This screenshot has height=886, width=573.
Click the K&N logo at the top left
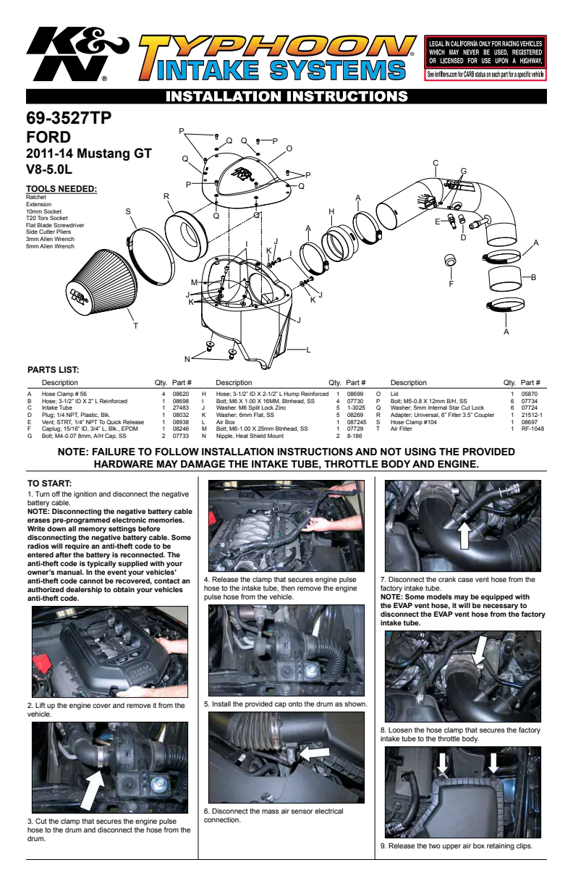[x=77, y=54]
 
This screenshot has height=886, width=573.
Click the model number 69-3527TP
[x=69, y=118]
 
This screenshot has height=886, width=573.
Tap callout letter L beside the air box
[x=308, y=350]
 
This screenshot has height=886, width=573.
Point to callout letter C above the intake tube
[x=436, y=163]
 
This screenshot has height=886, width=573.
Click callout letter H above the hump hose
[x=331, y=211]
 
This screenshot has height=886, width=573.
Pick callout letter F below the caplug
[x=451, y=284]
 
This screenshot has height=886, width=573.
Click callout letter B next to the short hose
[x=533, y=277]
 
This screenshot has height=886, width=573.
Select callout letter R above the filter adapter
[x=166, y=196]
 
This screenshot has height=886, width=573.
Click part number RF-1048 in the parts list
[x=532, y=429]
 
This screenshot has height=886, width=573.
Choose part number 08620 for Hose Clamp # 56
[x=181, y=394]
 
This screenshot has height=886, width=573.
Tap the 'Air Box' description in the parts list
[x=226, y=422]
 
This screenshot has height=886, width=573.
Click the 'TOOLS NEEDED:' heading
[x=61, y=189]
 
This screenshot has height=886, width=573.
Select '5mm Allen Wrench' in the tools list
[x=50, y=246]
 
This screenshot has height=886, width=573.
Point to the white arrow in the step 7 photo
[x=464, y=535]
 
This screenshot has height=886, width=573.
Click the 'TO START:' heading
[x=49, y=484]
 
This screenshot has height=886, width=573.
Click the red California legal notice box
[x=485, y=58]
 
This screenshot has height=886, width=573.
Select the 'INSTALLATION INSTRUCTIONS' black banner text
[x=286, y=96]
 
